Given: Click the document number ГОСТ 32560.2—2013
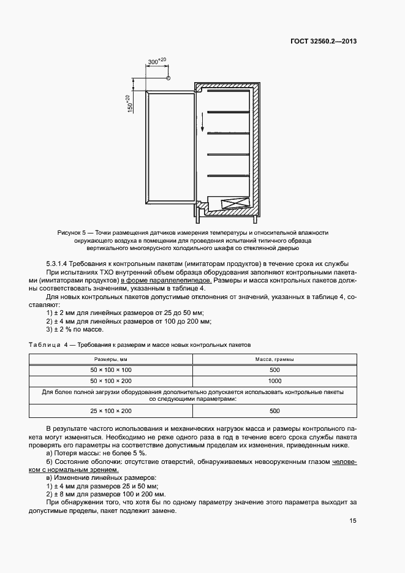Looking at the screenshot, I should pyautogui.click(x=324, y=42).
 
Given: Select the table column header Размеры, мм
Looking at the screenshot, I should pyautogui.click(x=110, y=359).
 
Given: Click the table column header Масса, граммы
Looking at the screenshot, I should pyautogui.click(x=274, y=359).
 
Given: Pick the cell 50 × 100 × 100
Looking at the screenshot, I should pyautogui.click(x=110, y=370).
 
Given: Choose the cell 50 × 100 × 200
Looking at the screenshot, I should pyautogui.click(x=110, y=381).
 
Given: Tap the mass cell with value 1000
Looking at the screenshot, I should pyautogui.click(x=274, y=381).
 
